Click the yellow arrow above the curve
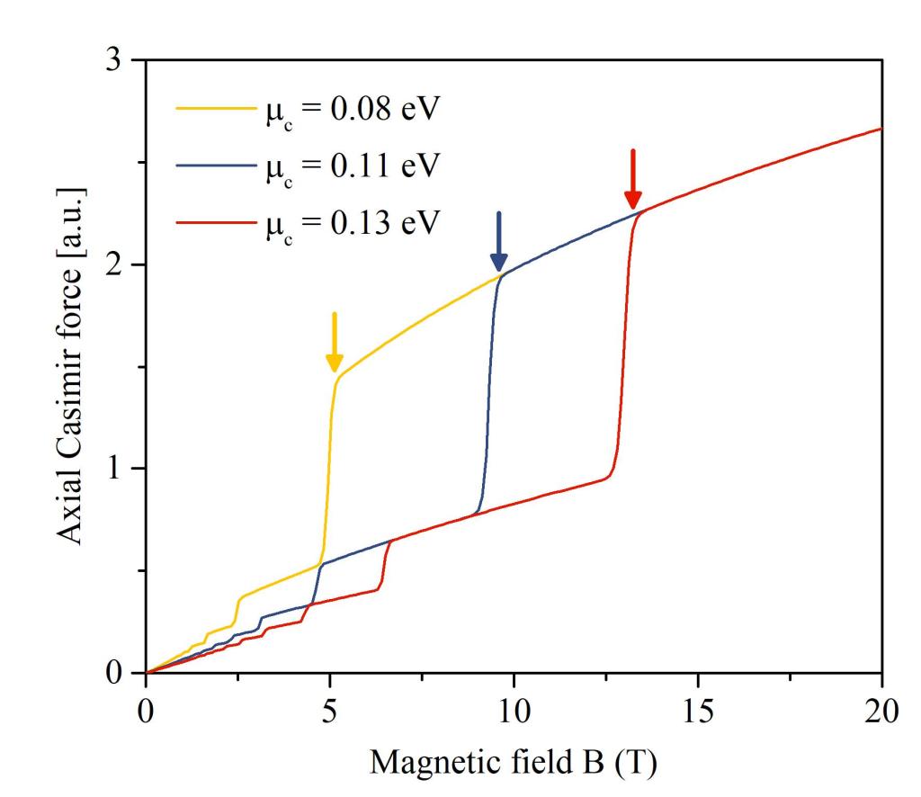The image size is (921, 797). [334, 343]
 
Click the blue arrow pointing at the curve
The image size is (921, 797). [499, 242]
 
